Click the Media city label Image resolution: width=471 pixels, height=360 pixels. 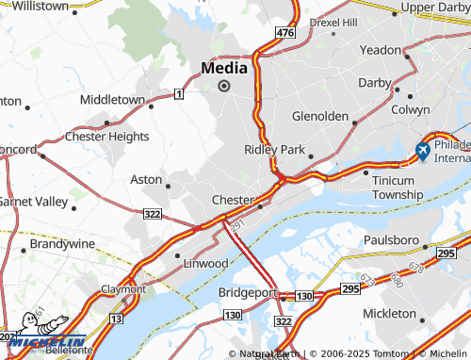point(224,68)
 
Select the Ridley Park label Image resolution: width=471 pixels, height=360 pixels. point(275,150)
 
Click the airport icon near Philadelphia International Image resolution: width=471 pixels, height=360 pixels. point(424,149)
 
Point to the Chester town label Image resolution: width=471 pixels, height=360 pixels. point(232,201)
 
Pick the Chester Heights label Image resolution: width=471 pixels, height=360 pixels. point(106,137)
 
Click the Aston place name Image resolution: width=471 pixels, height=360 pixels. point(146,178)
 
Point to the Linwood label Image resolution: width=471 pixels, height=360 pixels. point(205,262)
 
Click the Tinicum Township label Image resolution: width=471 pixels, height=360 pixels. point(398,187)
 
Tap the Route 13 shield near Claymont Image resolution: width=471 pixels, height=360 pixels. point(116,319)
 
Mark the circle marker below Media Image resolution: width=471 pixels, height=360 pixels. point(224,86)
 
